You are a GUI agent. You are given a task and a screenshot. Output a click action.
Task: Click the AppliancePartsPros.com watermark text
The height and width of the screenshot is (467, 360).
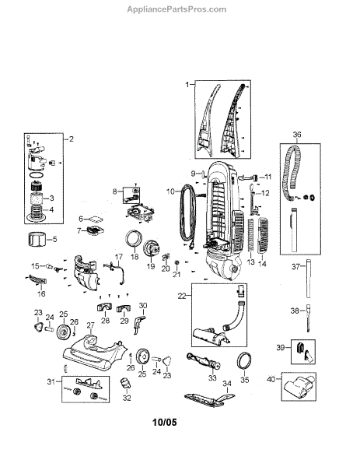[x=177, y=9]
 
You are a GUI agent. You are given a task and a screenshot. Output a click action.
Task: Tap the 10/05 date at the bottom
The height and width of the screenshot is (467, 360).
[x=165, y=422]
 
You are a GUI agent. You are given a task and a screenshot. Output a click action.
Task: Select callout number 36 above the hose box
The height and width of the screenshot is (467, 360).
[x=296, y=135]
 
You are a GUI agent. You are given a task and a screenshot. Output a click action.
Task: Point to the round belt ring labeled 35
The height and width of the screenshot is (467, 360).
[x=245, y=360]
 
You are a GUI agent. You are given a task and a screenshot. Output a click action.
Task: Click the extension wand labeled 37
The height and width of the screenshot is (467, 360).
[x=308, y=278]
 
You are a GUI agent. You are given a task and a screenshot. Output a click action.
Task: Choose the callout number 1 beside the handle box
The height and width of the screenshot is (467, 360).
[x=187, y=85]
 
